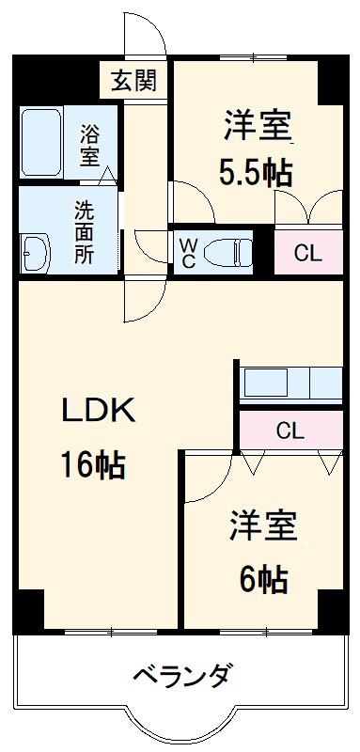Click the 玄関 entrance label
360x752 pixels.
(x=136, y=80)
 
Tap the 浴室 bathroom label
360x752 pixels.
(x=90, y=145)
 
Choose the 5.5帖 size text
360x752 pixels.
(x=256, y=171)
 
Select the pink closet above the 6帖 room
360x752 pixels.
(x=290, y=431)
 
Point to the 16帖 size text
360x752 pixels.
(x=95, y=464)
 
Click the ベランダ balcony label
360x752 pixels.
(x=181, y=674)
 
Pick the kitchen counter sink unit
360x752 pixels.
(x=290, y=383)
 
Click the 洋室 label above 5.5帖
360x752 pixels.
(x=256, y=125)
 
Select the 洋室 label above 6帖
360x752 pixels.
(x=263, y=526)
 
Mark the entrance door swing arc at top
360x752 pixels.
(x=146, y=33)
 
